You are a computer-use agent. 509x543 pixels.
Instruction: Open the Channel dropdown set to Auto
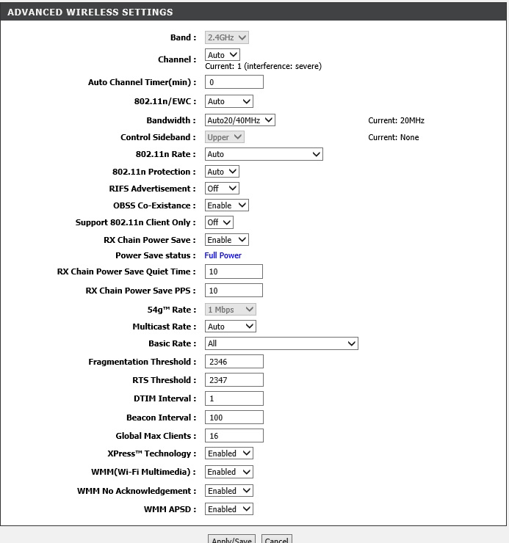(223, 55)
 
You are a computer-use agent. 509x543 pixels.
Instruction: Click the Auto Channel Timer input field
(234, 82)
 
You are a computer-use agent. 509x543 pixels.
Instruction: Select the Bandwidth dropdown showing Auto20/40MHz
(239, 120)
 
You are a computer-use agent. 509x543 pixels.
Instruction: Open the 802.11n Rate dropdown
(264, 154)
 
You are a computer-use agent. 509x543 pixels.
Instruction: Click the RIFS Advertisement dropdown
(222, 189)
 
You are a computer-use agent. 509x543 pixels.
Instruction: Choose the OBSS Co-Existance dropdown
(226, 205)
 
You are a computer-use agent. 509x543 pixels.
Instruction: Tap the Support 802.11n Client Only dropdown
(219, 222)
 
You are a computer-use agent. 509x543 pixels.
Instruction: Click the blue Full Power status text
(223, 255)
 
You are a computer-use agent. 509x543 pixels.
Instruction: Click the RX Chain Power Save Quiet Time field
(234, 272)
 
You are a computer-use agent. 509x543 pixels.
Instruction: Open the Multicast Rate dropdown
(230, 327)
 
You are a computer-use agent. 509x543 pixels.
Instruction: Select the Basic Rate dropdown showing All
(281, 343)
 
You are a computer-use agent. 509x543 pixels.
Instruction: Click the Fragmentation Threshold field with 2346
(234, 362)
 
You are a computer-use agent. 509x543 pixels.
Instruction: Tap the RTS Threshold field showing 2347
(234, 380)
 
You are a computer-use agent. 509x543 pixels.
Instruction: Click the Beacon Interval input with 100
(234, 418)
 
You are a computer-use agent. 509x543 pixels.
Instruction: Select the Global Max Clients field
(234, 436)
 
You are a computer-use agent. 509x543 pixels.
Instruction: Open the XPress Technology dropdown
(228, 453)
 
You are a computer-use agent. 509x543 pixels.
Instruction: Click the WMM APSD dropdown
(228, 509)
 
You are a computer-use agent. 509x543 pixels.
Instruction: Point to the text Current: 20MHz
(396, 120)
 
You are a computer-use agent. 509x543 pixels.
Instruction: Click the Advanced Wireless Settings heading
(90, 12)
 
